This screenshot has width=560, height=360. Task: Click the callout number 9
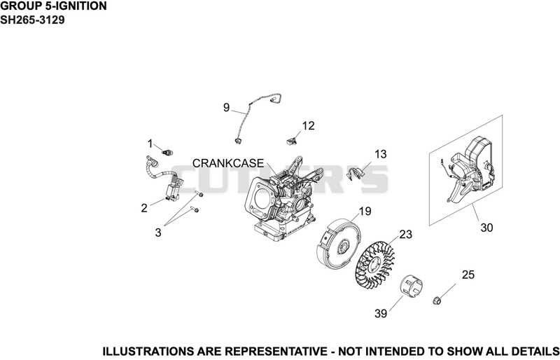click(226, 107)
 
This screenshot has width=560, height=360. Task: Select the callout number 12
click(308, 125)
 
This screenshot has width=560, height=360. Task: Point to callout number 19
click(365, 212)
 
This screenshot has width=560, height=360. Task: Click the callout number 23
click(405, 234)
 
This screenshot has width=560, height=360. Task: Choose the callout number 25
click(468, 275)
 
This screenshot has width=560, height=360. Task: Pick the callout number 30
click(486, 228)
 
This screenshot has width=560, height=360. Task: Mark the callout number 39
click(381, 314)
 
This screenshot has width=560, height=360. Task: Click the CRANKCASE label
click(228, 163)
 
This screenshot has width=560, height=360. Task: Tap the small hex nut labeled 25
click(436, 300)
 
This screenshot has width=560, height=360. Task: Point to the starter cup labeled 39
click(411, 286)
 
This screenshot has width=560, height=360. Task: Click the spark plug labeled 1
click(167, 153)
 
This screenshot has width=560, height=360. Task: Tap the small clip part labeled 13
click(355, 174)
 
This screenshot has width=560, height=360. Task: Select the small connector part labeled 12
click(292, 141)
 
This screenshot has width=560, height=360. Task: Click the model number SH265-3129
click(32, 20)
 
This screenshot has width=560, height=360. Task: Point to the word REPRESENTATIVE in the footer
click(275, 352)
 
